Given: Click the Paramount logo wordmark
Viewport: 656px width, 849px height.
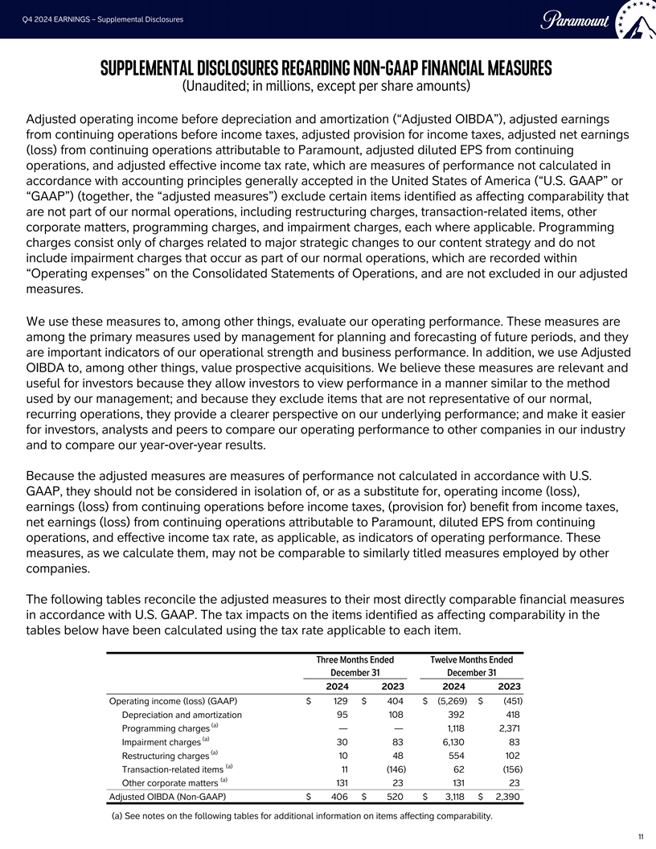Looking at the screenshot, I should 576,18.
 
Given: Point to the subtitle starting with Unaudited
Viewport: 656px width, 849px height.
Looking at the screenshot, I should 326,86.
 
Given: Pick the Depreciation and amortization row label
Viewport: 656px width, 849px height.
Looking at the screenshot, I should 181,714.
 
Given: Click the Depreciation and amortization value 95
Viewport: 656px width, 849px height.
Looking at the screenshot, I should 341,714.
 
